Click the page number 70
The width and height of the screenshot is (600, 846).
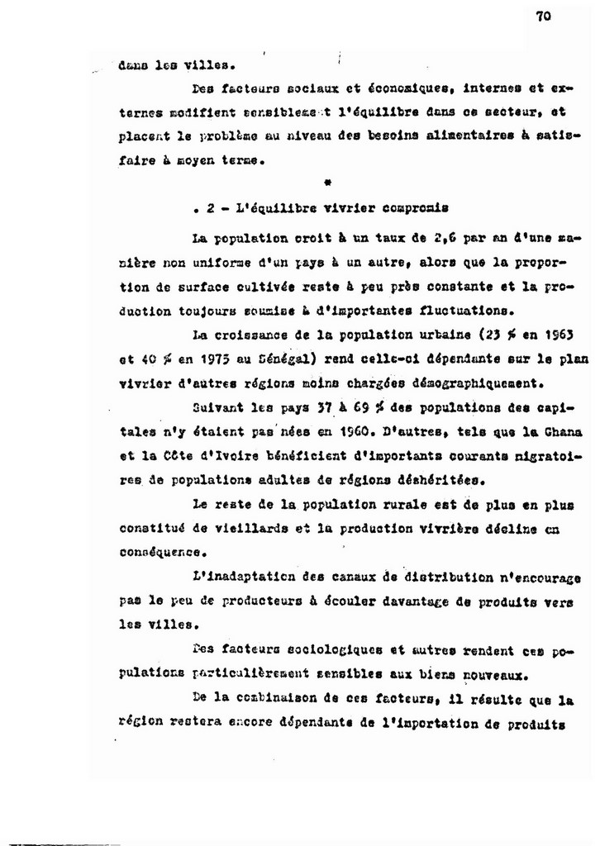[x=542, y=23]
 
